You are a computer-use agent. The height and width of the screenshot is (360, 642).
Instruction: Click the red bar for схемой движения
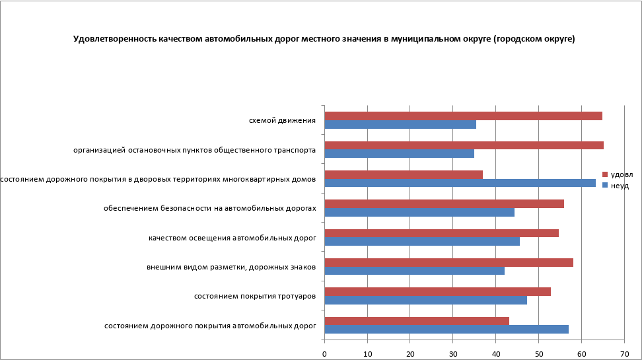point(463,116)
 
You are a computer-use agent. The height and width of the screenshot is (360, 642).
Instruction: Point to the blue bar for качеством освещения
point(422,241)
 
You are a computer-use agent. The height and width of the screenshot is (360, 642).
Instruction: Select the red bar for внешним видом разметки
point(448,262)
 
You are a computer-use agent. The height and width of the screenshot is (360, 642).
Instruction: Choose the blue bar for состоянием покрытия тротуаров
point(425,300)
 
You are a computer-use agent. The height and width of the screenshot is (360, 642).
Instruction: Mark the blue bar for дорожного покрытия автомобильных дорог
point(446,329)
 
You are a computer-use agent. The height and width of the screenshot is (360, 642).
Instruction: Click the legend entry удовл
point(621,174)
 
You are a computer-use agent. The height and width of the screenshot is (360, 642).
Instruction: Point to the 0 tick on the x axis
point(324,354)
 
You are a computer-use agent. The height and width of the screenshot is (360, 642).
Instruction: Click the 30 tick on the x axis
point(453,354)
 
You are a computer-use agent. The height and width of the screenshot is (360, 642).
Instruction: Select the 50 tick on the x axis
point(538,354)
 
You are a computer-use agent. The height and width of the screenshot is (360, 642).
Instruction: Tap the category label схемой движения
point(282,120)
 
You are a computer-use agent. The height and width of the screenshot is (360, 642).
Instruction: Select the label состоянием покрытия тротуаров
point(254,296)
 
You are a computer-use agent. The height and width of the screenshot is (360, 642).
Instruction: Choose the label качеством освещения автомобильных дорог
point(232,238)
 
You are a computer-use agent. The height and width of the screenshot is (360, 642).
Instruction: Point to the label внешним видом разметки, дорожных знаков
point(231,267)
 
